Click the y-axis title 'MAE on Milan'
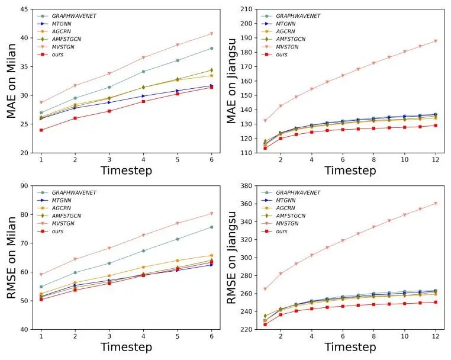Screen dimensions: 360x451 11,82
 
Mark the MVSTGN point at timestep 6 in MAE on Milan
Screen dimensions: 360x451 211,34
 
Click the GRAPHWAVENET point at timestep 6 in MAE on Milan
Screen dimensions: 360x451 211,48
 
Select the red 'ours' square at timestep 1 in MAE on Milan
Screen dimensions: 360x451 41,130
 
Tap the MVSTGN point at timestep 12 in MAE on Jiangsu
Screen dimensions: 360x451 436,41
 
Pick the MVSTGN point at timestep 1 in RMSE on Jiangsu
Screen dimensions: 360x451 266,289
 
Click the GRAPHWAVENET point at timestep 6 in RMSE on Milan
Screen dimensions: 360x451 211,227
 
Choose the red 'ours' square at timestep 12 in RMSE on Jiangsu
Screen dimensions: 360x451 436,302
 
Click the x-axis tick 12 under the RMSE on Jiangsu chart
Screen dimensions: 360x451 436,337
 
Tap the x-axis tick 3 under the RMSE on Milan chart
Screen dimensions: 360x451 109,337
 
